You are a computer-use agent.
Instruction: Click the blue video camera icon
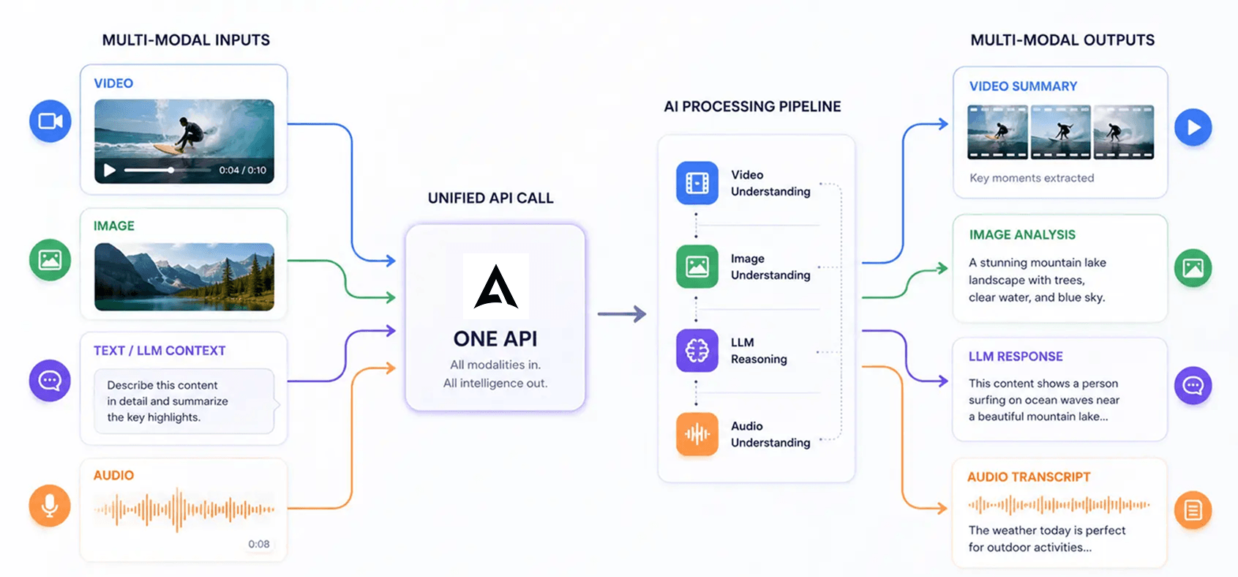[50, 121]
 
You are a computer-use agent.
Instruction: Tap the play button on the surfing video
[110, 171]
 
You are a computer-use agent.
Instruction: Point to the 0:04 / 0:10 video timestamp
[243, 171]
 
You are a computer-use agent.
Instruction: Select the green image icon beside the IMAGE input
[50, 259]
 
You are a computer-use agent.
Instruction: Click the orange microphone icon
[50, 506]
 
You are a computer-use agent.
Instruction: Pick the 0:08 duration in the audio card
[259, 544]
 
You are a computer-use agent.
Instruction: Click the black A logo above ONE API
[496, 286]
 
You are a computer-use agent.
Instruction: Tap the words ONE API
[495, 338]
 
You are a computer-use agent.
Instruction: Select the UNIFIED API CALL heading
[491, 198]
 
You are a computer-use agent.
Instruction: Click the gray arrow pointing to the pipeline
[622, 313]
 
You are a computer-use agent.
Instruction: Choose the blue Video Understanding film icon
[697, 182]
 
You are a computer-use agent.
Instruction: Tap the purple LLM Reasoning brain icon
[697, 350]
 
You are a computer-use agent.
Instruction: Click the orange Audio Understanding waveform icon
[697, 434]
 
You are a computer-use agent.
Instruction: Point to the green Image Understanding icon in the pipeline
[697, 267]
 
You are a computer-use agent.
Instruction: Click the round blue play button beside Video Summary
[1193, 127]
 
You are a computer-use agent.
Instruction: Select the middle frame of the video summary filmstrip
[1061, 133]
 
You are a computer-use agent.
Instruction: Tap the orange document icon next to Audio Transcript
[1193, 510]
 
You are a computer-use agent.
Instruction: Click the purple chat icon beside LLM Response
[1193, 385]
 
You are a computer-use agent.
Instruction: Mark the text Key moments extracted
[1032, 178]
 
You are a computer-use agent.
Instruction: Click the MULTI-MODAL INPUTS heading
[186, 40]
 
